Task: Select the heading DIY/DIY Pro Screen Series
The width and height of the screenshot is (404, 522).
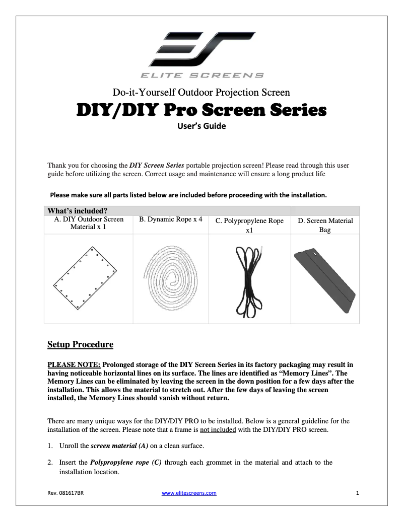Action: point(201,109)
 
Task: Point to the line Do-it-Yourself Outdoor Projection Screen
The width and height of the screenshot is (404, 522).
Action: point(201,92)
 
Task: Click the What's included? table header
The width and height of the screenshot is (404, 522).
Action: point(77,210)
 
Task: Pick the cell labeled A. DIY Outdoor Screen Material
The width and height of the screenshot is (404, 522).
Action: point(89,223)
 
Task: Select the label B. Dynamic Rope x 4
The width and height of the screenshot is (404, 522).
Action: point(170,220)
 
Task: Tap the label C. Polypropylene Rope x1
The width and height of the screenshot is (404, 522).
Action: point(249,225)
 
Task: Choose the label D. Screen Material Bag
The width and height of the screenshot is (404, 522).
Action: point(325,225)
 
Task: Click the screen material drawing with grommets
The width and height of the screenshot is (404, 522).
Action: point(86,277)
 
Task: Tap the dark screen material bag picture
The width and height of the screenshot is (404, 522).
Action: point(324,279)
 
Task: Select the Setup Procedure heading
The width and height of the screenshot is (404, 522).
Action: point(80,345)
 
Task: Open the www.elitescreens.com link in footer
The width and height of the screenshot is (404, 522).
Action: point(189,493)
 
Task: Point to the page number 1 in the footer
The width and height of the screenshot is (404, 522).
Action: point(357,493)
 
